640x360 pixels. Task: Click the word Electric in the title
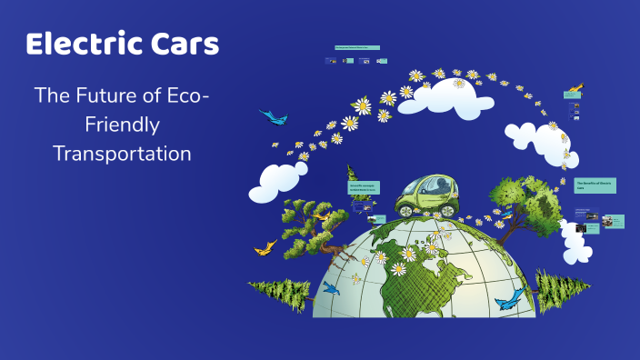[x=85, y=44]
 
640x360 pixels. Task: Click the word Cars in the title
[x=185, y=44]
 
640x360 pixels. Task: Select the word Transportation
[x=122, y=154]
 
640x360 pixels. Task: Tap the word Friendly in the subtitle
[x=122, y=124]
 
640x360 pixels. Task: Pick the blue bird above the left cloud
[x=271, y=116]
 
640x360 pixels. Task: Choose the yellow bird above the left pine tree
[x=265, y=246]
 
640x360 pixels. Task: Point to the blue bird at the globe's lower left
[x=330, y=289]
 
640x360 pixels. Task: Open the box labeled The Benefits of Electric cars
[x=595, y=185]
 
